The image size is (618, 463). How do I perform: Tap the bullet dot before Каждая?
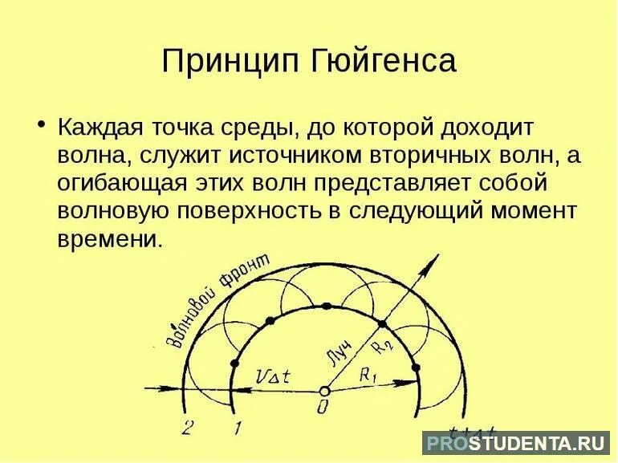coord(40,126)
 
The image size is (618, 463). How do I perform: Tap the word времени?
coord(108,239)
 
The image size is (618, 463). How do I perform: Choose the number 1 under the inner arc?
coord(236,427)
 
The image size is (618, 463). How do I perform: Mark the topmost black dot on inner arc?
coord(327,307)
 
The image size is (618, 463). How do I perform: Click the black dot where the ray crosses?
coord(382,324)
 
